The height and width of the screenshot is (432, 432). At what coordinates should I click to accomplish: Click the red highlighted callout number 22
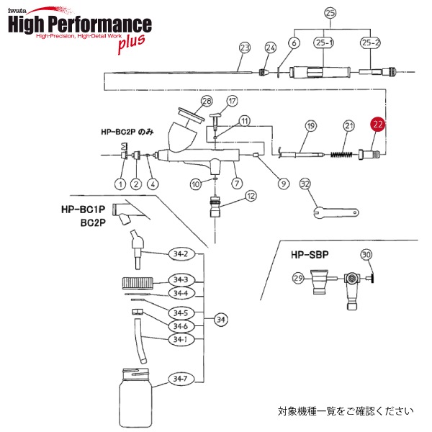(x=379, y=124)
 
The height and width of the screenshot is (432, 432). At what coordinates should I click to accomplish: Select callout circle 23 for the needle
(x=245, y=48)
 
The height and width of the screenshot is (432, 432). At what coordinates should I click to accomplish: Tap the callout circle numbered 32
(x=305, y=184)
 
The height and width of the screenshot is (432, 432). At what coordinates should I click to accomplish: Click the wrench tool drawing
(x=336, y=211)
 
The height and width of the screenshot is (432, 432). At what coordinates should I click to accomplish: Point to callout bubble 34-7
(x=179, y=379)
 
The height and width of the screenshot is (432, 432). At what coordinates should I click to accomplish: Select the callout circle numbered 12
(x=250, y=196)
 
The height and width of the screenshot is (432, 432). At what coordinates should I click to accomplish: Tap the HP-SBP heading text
(x=310, y=255)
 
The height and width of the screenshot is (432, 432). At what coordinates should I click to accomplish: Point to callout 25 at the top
(x=330, y=13)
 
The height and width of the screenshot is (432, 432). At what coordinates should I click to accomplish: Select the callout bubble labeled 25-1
(x=324, y=44)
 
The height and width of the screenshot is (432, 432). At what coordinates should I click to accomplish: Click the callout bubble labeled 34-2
(x=179, y=254)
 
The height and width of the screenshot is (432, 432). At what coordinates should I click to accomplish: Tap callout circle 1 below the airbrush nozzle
(x=120, y=184)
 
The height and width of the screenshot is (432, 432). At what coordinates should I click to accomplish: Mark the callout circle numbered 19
(x=310, y=126)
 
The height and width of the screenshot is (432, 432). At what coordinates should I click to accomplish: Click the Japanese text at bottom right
(x=346, y=412)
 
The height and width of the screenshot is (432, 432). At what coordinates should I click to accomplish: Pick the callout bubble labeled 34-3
(x=179, y=280)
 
